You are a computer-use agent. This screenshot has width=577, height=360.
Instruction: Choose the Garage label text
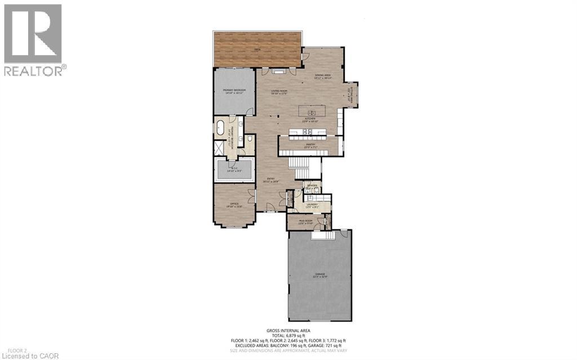(x=320, y=275)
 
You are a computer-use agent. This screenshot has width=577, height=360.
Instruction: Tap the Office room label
(x=233, y=205)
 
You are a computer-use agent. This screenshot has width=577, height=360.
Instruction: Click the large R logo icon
(x=33, y=34)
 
